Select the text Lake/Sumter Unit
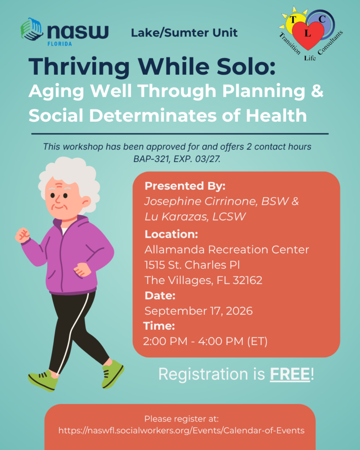click(x=184, y=33)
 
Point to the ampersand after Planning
click(x=317, y=91)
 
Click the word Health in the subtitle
click(x=276, y=116)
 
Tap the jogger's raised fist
click(x=22, y=236)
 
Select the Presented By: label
click(x=185, y=186)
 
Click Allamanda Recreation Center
click(x=227, y=250)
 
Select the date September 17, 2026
click(x=198, y=311)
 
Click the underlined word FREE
click(x=290, y=374)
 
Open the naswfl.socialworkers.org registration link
click(x=182, y=431)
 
